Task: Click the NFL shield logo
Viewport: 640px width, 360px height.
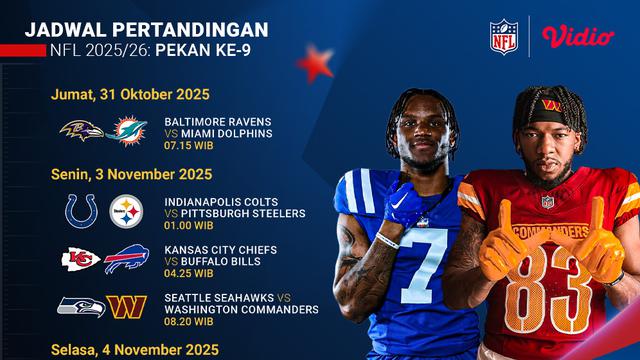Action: pyautogui.click(x=505, y=37)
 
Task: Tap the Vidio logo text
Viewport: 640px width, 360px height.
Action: pyautogui.click(x=577, y=36)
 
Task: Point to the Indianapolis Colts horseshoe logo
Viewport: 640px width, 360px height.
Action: pyautogui.click(x=80, y=210)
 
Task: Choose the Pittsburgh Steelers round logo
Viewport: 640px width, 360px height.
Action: pyautogui.click(x=126, y=210)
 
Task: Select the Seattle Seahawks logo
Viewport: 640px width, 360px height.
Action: pyautogui.click(x=80, y=306)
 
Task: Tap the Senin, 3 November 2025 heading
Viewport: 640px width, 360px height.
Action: pyautogui.click(x=131, y=174)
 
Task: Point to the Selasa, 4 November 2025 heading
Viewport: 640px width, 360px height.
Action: pyautogui.click(x=134, y=349)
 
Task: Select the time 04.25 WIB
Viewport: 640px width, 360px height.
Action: pyautogui.click(x=189, y=273)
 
